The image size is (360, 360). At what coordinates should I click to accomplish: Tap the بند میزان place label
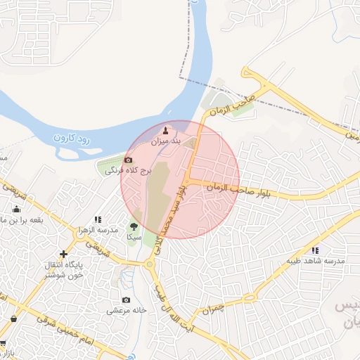[x=167, y=142]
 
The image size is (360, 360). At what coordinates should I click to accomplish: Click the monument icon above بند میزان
[x=167, y=131]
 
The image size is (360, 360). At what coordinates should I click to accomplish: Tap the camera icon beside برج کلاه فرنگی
[x=128, y=160]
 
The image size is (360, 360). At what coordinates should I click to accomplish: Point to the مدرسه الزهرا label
[x=97, y=231]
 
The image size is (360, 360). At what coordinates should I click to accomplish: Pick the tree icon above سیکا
[x=134, y=226]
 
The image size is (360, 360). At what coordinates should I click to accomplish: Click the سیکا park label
[x=134, y=238]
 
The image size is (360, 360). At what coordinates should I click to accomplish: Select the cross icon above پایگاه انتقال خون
[x=64, y=253]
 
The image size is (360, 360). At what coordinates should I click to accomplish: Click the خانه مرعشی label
[x=127, y=310]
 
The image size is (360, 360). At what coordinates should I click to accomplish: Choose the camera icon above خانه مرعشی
[x=126, y=300]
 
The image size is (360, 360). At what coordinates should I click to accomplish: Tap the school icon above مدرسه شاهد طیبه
[x=315, y=250]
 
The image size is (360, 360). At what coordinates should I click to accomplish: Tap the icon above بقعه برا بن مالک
[x=17, y=209]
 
